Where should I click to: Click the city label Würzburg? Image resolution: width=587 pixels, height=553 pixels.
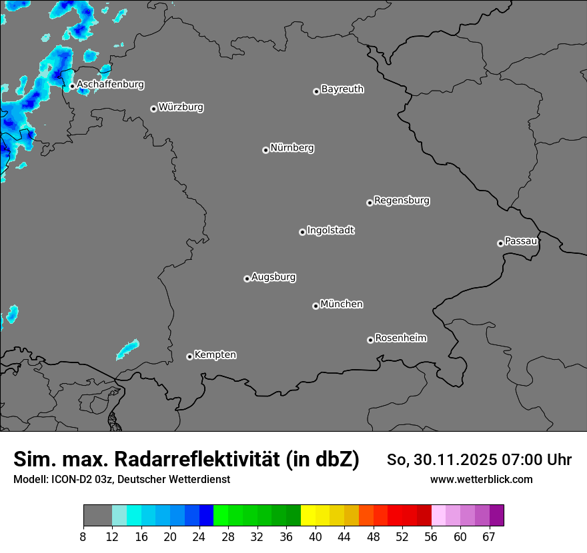tap(181, 107)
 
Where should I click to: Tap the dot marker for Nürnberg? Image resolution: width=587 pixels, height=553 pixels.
tap(265, 150)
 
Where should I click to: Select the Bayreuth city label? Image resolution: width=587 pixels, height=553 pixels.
tap(342, 89)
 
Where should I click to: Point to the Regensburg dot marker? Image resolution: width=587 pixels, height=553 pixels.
tap(370, 203)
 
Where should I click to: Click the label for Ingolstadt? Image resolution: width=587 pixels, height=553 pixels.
tap(331, 231)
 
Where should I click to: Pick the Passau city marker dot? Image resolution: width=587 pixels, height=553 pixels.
tap(500, 243)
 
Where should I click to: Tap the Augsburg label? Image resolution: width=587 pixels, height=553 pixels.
tap(273, 276)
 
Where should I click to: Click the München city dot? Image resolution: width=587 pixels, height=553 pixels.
tap(316, 306)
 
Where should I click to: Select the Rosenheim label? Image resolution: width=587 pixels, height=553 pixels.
tap(401, 338)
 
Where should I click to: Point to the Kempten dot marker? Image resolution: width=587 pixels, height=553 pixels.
tap(189, 356)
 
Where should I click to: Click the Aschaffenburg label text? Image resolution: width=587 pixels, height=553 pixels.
tap(110, 85)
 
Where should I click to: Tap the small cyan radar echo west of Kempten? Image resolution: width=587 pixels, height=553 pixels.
tap(127, 348)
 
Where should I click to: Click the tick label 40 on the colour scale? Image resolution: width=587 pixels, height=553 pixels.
tap(316, 537)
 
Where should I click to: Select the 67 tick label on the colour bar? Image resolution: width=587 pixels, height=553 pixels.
tap(489, 537)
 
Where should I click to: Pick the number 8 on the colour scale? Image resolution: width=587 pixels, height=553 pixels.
tap(83, 537)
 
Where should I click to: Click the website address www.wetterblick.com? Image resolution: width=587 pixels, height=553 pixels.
tap(482, 479)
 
